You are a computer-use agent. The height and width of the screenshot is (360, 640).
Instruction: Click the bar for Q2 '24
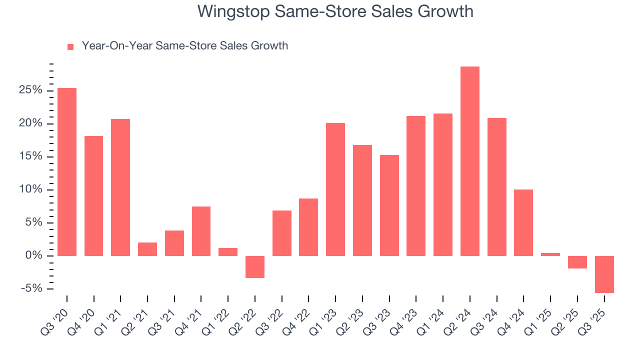coord(469,161)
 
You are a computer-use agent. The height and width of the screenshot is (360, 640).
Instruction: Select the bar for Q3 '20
coord(67,172)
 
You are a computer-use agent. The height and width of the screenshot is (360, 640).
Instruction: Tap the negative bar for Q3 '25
coord(604,274)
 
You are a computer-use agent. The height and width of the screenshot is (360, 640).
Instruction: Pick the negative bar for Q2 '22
coord(255,266)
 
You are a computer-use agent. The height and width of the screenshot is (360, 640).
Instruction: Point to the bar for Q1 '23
coord(335,189)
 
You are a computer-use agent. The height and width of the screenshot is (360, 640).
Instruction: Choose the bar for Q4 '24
coord(523,222)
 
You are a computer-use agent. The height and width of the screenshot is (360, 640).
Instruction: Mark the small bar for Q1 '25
coord(550,254)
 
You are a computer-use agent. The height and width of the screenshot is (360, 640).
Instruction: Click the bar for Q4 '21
coord(201,231)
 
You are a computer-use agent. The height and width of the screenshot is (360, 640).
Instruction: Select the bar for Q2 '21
coord(147,249)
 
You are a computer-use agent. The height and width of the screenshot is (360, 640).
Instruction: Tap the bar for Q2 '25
coord(577,262)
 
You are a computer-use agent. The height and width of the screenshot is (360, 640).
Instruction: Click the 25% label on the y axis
coord(30,90)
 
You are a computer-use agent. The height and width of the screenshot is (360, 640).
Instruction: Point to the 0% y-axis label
coord(33,255)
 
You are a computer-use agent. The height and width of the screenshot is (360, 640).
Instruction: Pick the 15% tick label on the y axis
coord(30,156)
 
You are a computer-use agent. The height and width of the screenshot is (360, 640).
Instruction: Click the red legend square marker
coord(70,46)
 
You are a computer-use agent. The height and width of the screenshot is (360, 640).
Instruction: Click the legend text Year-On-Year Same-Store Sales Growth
coord(185,46)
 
